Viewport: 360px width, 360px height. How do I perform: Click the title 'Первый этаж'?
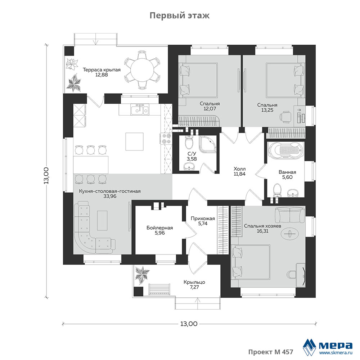click(180, 15)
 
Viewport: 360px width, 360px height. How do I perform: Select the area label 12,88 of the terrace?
click(102, 75)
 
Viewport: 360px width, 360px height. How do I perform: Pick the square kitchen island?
click(134, 141)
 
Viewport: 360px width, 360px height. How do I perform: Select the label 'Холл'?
click(239, 168)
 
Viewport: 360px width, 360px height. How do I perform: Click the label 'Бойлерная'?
click(159, 228)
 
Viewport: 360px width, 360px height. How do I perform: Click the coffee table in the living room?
click(102, 220)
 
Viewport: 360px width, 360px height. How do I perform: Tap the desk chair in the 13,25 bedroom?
click(285, 116)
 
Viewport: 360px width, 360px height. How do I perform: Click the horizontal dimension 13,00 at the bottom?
click(189, 324)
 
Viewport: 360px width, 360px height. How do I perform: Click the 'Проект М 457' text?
click(271, 352)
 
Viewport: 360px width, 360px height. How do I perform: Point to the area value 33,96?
click(110, 196)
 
